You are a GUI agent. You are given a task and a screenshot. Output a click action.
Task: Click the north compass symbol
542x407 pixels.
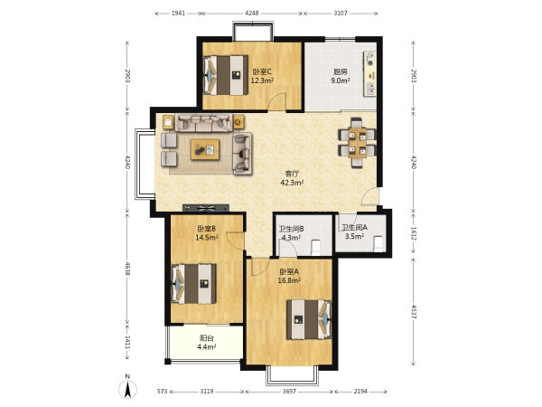point(127,388)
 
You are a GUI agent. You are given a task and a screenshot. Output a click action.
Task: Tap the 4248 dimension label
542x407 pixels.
point(252,14)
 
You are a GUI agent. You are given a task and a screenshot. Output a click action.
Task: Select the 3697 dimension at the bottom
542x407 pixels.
point(289,392)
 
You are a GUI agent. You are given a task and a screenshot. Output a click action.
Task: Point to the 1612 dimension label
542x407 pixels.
point(414,232)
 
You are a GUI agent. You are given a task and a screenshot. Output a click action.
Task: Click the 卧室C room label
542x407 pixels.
point(262,72)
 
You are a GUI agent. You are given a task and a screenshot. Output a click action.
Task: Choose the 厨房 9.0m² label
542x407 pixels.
point(341,76)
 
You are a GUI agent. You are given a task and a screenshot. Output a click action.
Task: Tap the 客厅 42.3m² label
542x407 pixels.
point(292,178)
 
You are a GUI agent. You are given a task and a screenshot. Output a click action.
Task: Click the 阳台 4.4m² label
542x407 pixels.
point(207,342)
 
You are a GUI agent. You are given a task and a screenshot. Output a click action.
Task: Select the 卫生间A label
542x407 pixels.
point(354,228)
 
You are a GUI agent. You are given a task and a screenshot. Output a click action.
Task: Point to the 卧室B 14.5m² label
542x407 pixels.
point(207,233)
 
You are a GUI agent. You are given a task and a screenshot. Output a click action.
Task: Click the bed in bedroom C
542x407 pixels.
point(226,75)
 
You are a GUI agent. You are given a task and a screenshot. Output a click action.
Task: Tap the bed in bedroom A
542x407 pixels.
point(309,319)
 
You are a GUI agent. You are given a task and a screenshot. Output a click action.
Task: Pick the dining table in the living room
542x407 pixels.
point(357,143)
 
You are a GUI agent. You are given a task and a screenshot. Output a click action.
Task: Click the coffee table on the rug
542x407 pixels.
point(205,149)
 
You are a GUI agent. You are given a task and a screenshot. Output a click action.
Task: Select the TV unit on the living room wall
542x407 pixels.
point(206,208)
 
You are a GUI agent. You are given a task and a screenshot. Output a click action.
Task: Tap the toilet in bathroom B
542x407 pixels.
point(315,246)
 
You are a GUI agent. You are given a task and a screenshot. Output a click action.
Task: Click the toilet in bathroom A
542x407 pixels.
point(378,243)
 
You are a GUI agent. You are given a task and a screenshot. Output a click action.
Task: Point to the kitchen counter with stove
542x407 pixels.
point(369,74)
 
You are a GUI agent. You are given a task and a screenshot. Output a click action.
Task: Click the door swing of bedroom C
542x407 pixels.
point(277,101)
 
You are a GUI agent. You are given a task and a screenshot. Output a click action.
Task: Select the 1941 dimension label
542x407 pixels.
point(178,14)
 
